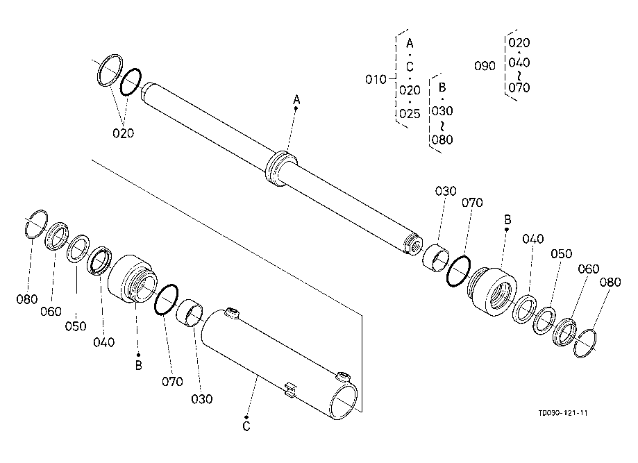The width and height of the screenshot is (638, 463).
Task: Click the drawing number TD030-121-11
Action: (563, 413)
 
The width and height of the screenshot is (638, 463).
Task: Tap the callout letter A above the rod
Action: (296, 100)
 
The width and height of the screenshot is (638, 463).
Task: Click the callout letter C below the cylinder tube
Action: (246, 426)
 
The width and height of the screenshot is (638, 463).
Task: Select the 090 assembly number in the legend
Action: (485, 66)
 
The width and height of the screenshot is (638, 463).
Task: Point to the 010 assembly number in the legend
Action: (376, 79)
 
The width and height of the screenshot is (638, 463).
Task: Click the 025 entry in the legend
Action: (410, 114)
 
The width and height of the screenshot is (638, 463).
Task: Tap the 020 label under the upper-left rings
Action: (124, 133)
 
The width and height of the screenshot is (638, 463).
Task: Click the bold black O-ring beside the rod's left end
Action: (131, 82)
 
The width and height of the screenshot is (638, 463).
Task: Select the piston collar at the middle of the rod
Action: (281, 168)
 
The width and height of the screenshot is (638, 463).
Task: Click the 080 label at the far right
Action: (610, 282)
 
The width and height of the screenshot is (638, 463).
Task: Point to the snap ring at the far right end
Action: (585, 344)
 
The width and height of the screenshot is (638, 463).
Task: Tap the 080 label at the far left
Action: (27, 299)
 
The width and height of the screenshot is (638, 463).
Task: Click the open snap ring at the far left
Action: (36, 224)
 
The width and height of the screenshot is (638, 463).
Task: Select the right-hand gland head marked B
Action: (492, 292)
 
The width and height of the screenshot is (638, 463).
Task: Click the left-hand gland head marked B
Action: (132, 278)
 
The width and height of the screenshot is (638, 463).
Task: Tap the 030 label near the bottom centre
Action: (202, 399)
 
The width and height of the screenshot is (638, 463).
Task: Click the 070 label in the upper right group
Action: (472, 202)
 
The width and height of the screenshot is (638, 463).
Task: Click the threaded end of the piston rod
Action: (413, 245)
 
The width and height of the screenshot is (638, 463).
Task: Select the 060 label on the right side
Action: (588, 269)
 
